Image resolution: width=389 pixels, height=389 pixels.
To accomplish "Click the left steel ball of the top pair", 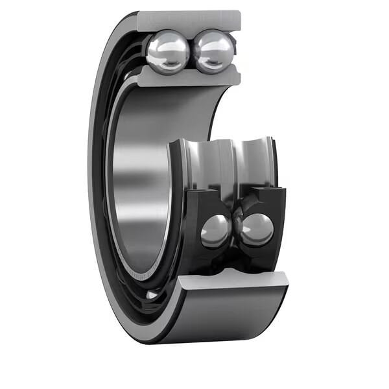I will click(167, 53).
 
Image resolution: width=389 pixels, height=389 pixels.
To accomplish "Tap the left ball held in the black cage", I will click(215, 230).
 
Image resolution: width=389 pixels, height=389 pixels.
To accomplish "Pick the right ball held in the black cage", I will click(257, 230).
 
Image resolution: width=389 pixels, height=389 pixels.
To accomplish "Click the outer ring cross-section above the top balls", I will click(188, 20).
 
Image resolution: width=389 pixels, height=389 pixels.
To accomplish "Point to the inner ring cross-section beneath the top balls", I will click(188, 78).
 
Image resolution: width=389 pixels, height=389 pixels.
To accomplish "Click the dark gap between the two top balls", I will click(191, 52).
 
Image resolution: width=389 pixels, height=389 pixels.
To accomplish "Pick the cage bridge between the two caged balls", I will click(236, 224).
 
